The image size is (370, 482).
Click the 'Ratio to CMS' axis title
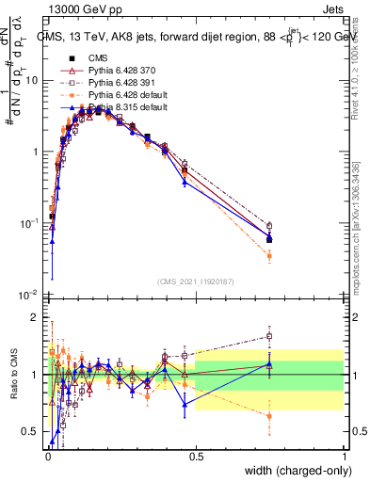click(11, 375)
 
